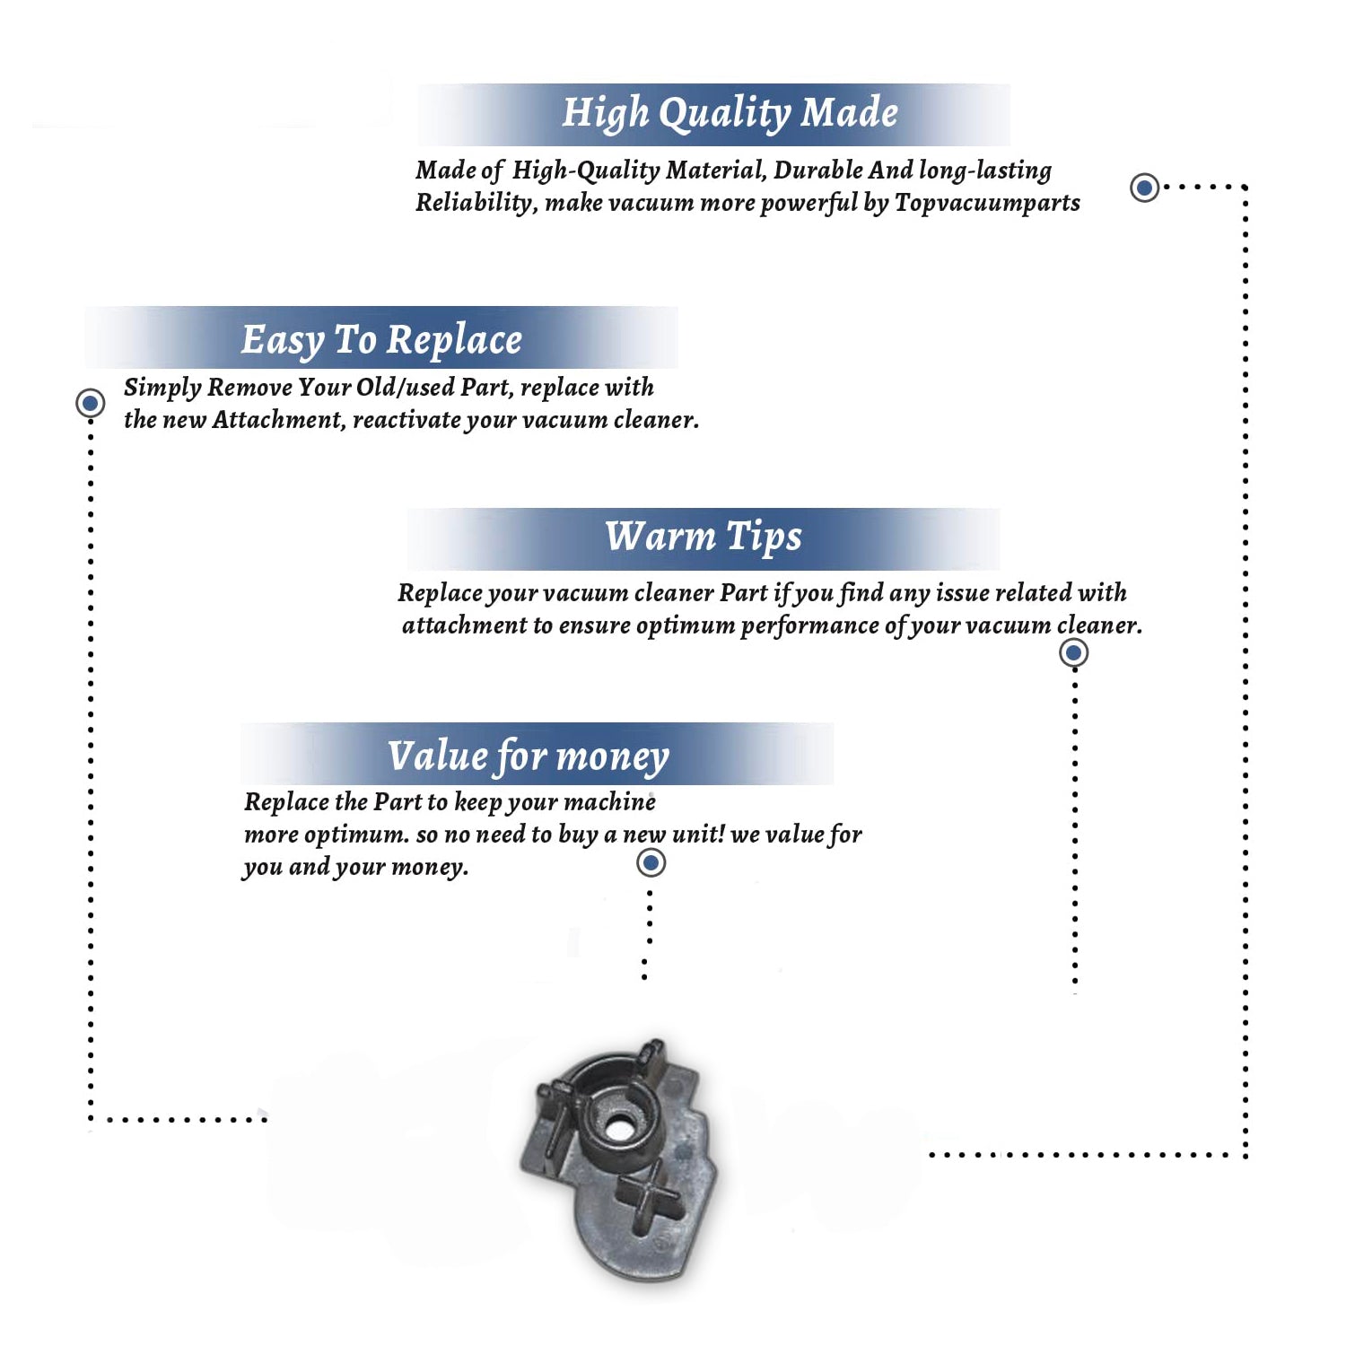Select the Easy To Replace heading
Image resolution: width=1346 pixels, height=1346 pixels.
click(381, 340)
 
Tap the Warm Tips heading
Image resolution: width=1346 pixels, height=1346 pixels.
click(704, 537)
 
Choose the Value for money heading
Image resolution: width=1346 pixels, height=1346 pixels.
click(529, 756)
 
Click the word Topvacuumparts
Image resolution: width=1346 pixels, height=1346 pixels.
click(987, 204)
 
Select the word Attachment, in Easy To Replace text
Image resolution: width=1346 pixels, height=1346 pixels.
click(278, 420)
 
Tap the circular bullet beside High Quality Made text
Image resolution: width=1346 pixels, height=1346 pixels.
click(1144, 188)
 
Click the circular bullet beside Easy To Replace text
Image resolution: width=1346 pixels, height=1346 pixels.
click(91, 403)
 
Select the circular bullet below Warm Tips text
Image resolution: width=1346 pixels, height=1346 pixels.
click(1074, 652)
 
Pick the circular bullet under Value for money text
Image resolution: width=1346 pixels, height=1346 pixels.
click(651, 863)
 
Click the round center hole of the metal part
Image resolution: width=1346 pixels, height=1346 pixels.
click(618, 1125)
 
